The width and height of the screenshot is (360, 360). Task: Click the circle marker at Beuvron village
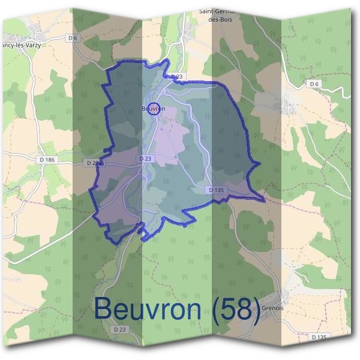tap(154, 108)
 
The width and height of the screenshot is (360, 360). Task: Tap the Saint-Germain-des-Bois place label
tap(219, 14)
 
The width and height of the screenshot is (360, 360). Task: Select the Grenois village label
tap(274, 309)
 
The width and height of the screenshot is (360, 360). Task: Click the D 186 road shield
tap(46, 160)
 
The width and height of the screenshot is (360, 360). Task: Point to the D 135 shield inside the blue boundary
tap(217, 190)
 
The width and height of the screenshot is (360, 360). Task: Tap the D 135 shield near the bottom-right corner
tap(319, 337)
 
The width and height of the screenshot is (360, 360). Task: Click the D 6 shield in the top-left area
tap(73, 38)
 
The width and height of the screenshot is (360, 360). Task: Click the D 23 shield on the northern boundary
tap(176, 77)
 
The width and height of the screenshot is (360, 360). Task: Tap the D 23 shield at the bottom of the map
tap(120, 329)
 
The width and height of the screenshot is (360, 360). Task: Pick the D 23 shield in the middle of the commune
tap(145, 158)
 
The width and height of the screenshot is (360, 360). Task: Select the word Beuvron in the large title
tap(147, 308)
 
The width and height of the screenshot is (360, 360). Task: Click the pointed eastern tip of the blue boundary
tap(265, 200)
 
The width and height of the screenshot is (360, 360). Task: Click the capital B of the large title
tap(104, 308)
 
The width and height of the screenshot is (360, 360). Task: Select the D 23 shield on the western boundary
tap(94, 163)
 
